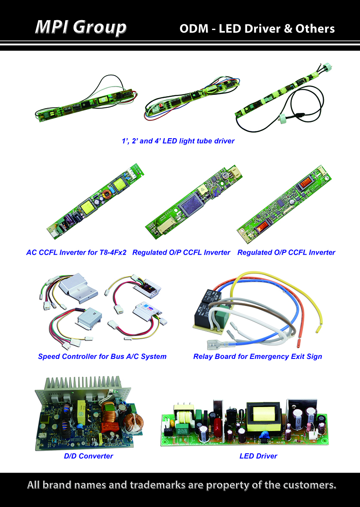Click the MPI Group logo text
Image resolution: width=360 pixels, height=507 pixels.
tap(81, 27)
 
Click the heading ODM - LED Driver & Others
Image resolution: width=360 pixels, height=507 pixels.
tap(257, 28)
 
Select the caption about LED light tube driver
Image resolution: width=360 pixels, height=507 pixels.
tap(178, 141)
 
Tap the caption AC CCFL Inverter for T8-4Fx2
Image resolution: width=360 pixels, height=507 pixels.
tap(76, 252)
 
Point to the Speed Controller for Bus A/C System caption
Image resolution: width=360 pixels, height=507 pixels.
tap(102, 356)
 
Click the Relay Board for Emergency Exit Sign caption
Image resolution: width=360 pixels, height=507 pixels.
tap(257, 356)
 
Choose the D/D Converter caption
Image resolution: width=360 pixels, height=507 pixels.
tap(88, 456)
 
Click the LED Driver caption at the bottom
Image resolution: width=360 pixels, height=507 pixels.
tap(258, 456)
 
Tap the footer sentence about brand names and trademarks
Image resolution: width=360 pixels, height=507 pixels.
tap(182, 485)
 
